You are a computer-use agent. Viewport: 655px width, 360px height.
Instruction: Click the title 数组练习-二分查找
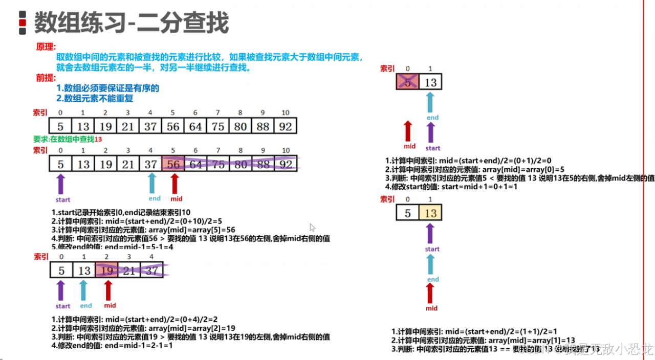click(131, 23)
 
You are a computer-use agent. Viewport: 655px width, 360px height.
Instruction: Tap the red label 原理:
click(46, 47)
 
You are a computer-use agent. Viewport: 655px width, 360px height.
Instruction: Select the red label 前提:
click(46, 78)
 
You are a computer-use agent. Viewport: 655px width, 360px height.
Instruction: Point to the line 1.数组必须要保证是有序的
click(107, 88)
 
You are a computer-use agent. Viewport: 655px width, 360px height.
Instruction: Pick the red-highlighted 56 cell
click(173, 164)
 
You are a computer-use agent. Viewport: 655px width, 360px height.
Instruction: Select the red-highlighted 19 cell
click(106, 270)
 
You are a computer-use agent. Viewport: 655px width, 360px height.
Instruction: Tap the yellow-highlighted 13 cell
click(430, 213)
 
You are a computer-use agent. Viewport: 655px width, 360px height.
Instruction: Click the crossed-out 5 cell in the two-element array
click(407, 82)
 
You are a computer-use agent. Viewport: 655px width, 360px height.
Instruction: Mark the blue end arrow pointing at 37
click(152, 183)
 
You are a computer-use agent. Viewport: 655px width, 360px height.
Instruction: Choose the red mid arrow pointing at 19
click(108, 290)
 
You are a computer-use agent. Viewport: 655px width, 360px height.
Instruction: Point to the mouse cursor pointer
click(312, 228)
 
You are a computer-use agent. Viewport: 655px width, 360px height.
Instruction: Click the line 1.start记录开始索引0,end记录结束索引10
click(121, 213)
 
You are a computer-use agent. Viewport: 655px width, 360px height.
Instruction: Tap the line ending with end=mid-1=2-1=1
click(112, 345)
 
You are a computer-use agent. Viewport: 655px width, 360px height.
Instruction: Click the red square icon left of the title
click(23, 23)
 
